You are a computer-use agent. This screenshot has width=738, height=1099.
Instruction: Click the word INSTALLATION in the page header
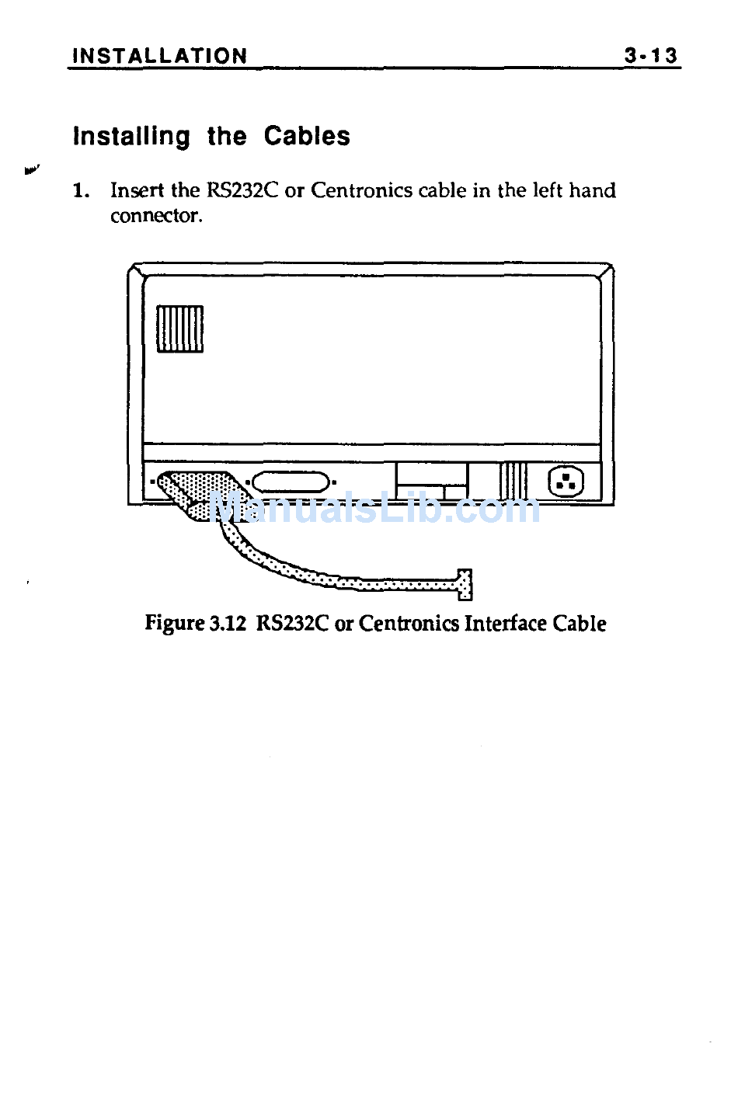pos(159,56)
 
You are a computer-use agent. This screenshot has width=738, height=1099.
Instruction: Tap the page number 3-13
pos(651,55)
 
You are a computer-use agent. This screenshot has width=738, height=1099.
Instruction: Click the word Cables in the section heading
pos(307,136)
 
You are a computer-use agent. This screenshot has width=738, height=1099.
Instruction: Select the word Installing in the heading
pos(131,137)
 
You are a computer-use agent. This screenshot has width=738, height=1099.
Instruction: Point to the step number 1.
pos(81,190)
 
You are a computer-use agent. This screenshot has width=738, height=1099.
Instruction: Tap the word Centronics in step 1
pos(361,190)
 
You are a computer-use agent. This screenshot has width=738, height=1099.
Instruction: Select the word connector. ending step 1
pos(156,216)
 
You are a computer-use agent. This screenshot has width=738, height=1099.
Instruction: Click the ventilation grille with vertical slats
pos(179,329)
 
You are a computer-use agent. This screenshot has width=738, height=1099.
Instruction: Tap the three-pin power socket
pos(566,482)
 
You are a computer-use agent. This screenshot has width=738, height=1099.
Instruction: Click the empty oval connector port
pos(291,482)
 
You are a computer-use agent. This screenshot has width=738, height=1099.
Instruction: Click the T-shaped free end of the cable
pos(465,584)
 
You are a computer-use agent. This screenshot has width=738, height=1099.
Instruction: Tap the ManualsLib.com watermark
pos(376,508)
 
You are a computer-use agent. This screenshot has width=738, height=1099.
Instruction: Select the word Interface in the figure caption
pos(506,624)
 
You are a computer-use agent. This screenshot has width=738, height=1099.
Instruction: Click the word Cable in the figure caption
pos(580,624)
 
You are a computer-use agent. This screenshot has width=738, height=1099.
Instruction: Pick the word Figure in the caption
pos(175,624)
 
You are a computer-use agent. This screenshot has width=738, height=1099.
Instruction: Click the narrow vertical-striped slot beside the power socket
pos(513,482)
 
